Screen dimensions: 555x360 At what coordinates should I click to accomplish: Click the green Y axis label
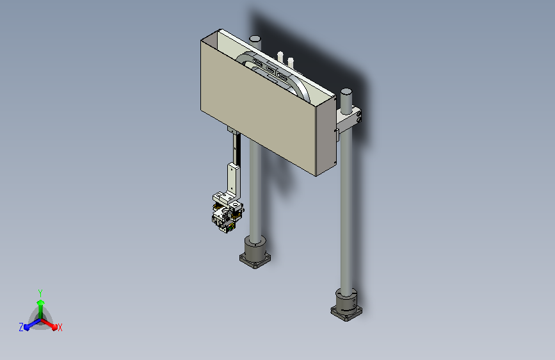(x=40, y=293)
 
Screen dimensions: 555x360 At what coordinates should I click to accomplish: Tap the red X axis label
(x=60, y=327)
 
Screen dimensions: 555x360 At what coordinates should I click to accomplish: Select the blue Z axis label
(x=21, y=327)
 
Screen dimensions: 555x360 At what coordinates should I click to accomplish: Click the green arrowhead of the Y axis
(x=41, y=302)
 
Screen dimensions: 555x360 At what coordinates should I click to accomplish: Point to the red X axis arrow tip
(x=54, y=327)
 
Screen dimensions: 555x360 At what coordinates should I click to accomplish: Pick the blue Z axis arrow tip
(x=27, y=327)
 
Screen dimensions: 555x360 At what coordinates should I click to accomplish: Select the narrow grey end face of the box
(x=326, y=136)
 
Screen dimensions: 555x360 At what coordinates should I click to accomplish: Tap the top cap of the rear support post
(x=255, y=38)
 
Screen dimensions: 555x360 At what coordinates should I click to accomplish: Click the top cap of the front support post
(x=346, y=92)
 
